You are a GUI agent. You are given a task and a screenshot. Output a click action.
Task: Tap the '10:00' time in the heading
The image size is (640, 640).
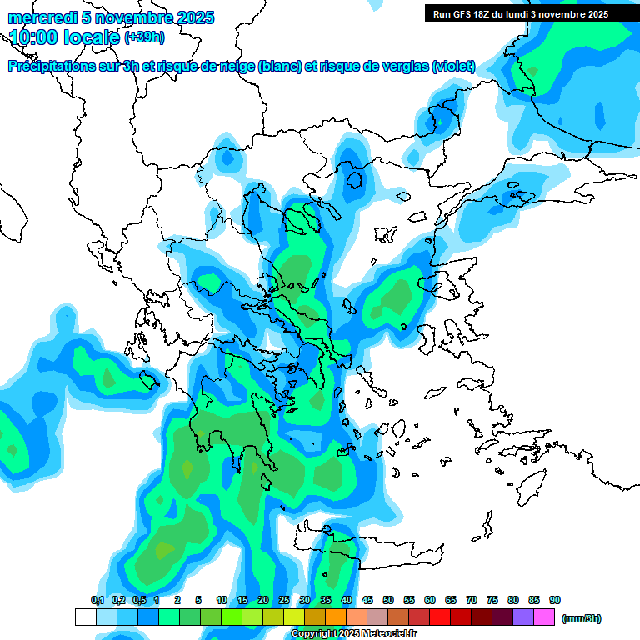[34, 36]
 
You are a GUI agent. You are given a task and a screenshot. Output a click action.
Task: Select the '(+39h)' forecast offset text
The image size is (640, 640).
[144, 37]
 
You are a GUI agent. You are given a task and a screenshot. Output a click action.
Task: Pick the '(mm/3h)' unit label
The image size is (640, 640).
[581, 618]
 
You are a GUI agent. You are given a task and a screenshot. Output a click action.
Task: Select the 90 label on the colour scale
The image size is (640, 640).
[555, 600]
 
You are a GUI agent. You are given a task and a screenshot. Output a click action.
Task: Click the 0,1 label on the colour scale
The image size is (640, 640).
[97, 600]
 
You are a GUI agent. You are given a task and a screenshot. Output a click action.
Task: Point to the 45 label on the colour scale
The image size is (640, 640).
[367, 600]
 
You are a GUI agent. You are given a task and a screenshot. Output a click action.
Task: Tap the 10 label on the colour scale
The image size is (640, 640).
[222, 600]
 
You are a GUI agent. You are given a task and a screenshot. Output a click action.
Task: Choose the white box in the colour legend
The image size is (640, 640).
[86, 617]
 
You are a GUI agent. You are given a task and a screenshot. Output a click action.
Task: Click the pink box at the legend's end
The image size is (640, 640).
[544, 617]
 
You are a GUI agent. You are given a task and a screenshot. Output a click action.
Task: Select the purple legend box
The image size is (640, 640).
[523, 617]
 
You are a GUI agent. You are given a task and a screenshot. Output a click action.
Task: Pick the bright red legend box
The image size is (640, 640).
[440, 617]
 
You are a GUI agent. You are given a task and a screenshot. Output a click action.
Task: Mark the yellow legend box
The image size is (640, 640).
[294, 617]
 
